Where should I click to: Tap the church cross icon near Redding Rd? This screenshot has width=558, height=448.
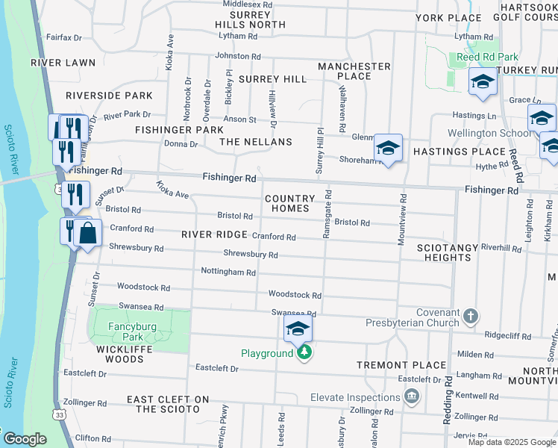pyautogui.click(x=470, y=317)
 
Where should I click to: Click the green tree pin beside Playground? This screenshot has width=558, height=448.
pyautogui.click(x=303, y=352)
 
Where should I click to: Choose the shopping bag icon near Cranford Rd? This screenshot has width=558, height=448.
pyautogui.click(x=88, y=232)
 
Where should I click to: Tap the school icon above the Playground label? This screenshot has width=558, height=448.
pyautogui.click(x=298, y=329)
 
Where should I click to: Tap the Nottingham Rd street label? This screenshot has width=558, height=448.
pyautogui.click(x=228, y=273)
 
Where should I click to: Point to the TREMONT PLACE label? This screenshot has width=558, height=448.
pyautogui.click(x=390, y=365)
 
